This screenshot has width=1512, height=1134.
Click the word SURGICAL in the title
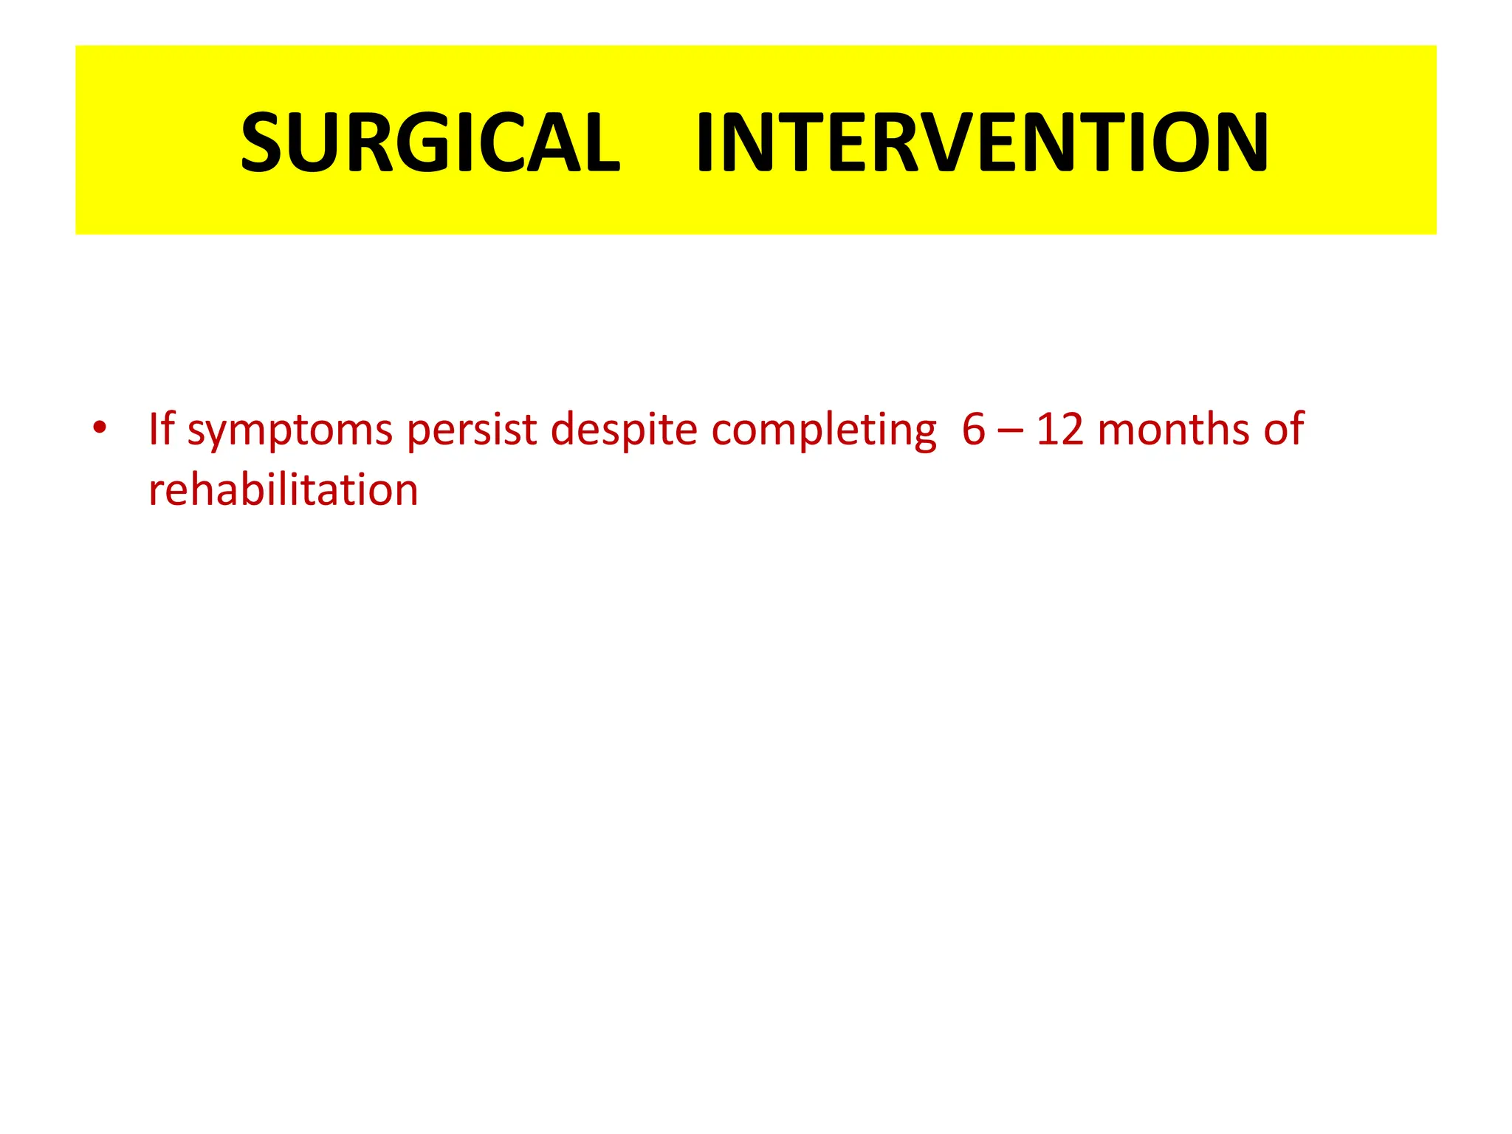click(430, 142)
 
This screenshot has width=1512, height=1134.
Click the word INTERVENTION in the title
click(982, 142)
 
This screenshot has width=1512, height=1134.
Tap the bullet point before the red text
click(100, 427)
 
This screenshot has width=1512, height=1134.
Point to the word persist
click(472, 430)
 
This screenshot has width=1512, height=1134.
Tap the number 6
click(974, 429)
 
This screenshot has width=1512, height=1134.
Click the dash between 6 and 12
click(1010, 430)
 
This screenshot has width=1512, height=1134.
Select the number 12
click(1060, 429)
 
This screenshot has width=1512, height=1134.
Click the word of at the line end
click(1283, 429)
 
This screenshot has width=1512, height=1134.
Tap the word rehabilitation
click(283, 489)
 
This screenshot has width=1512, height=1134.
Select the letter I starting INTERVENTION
click(705, 142)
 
